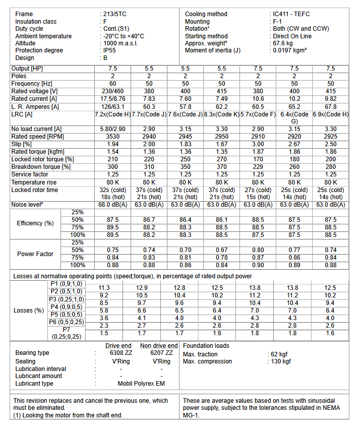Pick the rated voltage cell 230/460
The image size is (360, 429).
tap(113, 91)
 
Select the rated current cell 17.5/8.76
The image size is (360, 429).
tap(113, 99)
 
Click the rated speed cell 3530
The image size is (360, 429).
tap(113, 137)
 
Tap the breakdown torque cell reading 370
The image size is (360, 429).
tap(222, 167)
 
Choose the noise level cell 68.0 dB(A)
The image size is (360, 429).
tap(113, 205)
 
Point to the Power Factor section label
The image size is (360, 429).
tap(35, 254)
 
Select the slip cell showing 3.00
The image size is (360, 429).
tap(258, 144)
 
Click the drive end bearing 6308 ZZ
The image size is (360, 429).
tap(120, 353)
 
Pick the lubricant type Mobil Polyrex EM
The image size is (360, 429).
tap(141, 384)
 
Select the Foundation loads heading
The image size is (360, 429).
tap(206, 346)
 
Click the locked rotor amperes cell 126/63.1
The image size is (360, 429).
tap(113, 107)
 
